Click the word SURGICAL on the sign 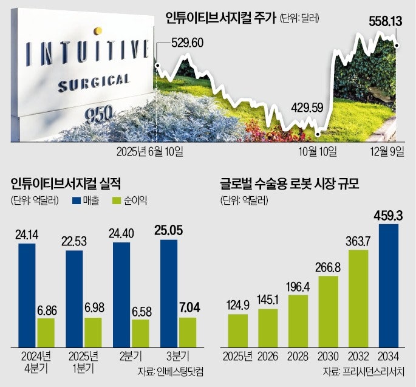(x=94, y=83)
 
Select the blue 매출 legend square (x=77, y=201)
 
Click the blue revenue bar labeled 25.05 (x=170, y=292)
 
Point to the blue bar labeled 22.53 (x=74, y=298)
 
